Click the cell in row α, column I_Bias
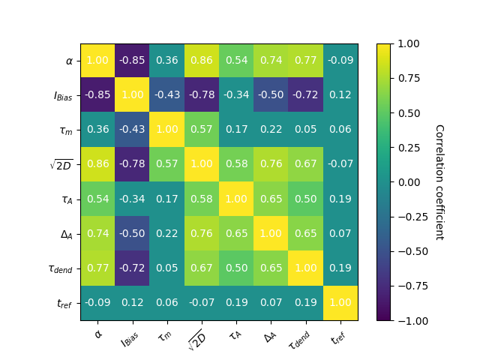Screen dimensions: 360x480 click(132, 61)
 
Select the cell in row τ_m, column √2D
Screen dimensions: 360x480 click(202, 130)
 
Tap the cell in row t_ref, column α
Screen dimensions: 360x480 click(97, 303)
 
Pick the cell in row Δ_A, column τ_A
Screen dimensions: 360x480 click(236, 234)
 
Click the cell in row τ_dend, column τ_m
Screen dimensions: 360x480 click(166, 268)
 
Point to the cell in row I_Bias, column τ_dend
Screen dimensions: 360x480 click(306, 95)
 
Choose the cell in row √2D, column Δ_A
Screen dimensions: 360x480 click(271, 164)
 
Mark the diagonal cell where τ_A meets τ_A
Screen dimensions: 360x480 click(236, 199)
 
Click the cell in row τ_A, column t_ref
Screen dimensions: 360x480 click(340, 199)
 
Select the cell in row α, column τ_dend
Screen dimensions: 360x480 click(306, 61)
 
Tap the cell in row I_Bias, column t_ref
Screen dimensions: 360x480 click(340, 95)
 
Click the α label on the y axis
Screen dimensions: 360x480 click(69, 61)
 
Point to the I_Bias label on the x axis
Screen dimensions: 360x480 click(130, 334)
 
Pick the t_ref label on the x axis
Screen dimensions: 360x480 click(340, 334)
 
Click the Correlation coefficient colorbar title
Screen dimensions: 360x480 click(439, 182)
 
